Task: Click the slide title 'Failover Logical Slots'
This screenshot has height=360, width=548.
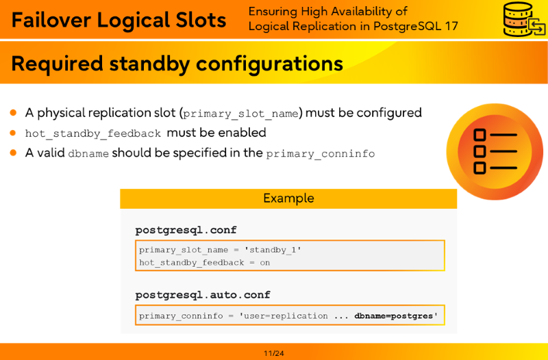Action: tap(119, 20)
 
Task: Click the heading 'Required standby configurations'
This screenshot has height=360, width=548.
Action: tap(177, 64)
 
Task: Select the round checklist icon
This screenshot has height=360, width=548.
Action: tap(495, 151)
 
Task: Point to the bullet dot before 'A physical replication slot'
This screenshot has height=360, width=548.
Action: tap(13, 112)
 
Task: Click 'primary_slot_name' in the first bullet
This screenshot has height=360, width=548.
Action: tap(241, 114)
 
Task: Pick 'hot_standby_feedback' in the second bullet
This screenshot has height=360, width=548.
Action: tap(93, 133)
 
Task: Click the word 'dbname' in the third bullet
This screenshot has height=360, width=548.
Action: tap(88, 153)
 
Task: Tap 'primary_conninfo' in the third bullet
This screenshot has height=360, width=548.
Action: tap(321, 154)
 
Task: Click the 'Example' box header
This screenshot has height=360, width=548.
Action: tap(288, 198)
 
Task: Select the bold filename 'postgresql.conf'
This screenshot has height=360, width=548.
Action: tap(186, 230)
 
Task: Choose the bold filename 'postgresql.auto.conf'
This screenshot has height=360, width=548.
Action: tap(203, 295)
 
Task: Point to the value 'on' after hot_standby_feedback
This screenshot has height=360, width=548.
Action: tap(265, 263)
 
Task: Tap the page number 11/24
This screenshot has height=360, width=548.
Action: tap(274, 353)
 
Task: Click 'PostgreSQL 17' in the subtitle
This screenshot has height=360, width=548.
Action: tap(416, 26)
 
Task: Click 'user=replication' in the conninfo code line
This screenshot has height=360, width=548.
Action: tap(284, 316)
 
